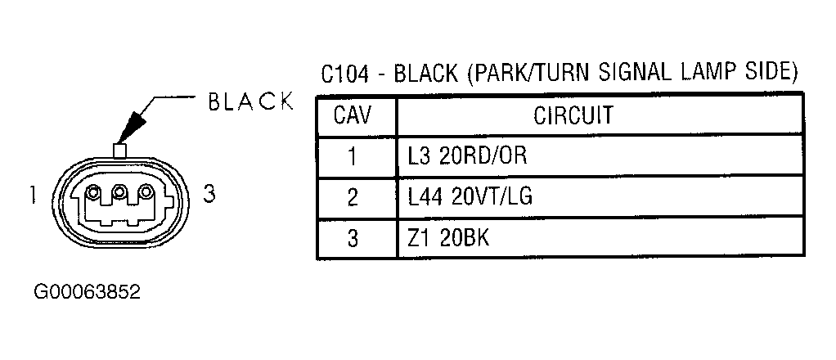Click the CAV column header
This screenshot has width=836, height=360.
click(x=352, y=115)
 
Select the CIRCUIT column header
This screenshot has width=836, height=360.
click(x=573, y=115)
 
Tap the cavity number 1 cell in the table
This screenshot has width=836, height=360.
click(x=353, y=157)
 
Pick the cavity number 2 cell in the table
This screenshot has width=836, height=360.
click(x=353, y=198)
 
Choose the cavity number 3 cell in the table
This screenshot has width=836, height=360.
click(x=353, y=238)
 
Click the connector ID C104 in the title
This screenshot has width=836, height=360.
click(x=344, y=74)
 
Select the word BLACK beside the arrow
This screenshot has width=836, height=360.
click(x=250, y=101)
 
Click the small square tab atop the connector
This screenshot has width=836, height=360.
click(x=119, y=151)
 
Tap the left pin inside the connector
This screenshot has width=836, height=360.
click(x=94, y=192)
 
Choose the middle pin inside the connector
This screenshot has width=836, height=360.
click(x=120, y=191)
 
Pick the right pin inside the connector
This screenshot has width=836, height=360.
click(x=146, y=192)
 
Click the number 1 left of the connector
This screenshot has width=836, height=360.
click(x=33, y=195)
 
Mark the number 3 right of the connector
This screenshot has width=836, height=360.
click(x=210, y=194)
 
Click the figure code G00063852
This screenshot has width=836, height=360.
click(x=87, y=292)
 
